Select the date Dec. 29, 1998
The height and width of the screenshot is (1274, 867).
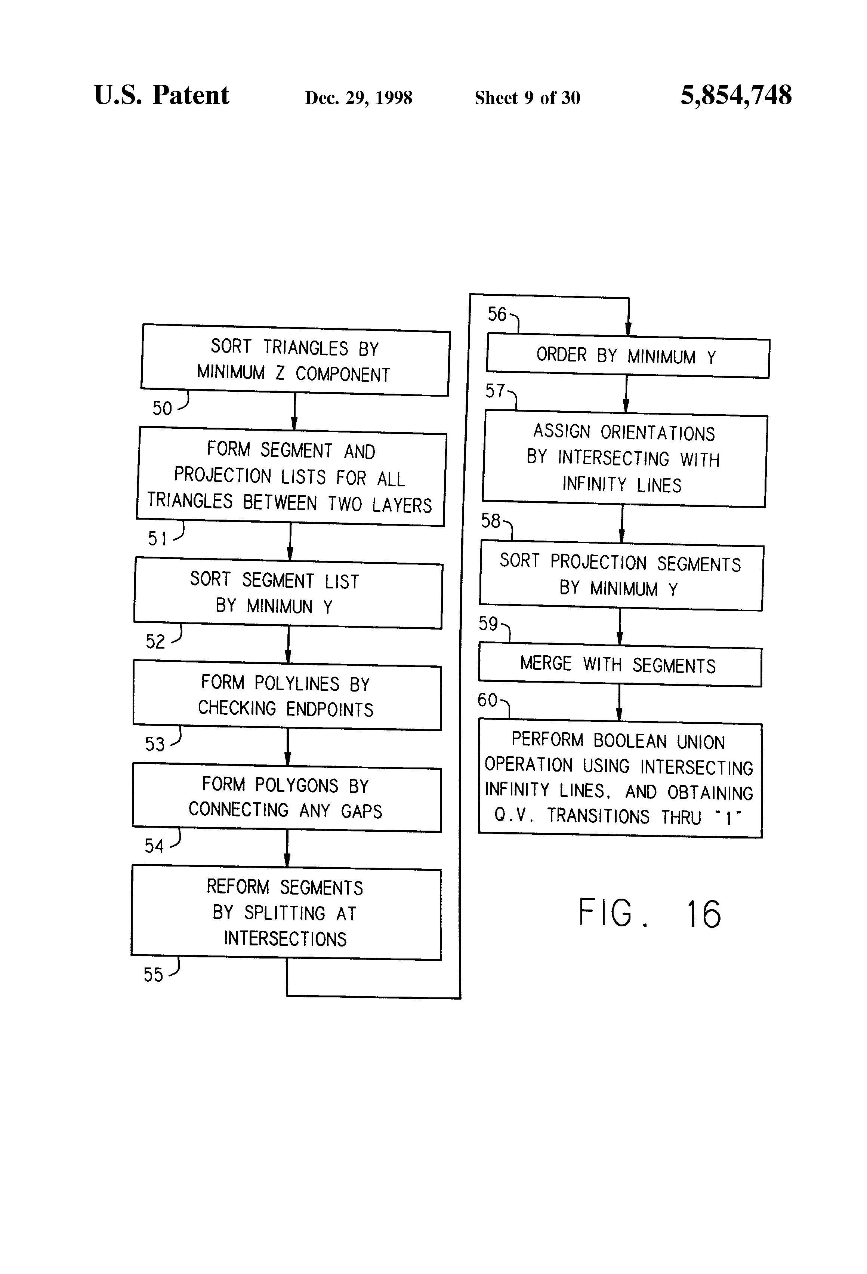(x=358, y=98)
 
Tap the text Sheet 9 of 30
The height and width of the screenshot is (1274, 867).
(x=527, y=98)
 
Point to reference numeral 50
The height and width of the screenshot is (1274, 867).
(x=162, y=408)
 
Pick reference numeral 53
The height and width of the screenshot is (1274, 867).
(x=155, y=744)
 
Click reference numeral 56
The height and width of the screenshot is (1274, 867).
(x=497, y=314)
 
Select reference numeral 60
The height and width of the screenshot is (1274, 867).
(x=487, y=700)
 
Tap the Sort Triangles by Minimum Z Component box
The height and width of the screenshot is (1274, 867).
(x=295, y=360)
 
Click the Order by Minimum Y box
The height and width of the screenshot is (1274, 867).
(x=627, y=357)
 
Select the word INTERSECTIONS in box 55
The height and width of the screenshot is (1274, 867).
(x=285, y=939)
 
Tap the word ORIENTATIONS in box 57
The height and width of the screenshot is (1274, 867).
(x=658, y=433)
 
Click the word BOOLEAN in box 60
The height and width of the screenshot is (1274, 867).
(x=630, y=741)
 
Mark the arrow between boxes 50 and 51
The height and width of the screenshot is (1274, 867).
(x=294, y=412)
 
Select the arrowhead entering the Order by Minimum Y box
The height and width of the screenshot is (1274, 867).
(x=628, y=330)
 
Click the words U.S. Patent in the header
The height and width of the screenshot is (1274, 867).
(x=161, y=95)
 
